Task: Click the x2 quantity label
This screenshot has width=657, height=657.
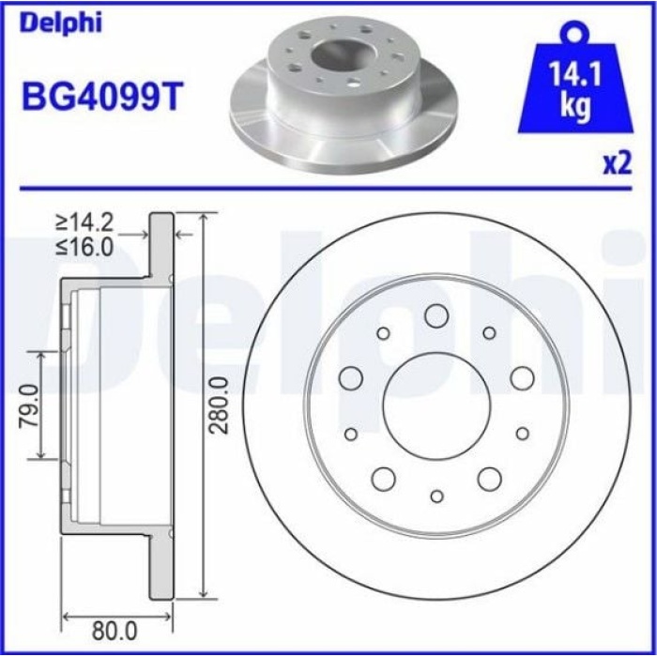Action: (616, 165)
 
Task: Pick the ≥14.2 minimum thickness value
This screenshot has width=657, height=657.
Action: (84, 223)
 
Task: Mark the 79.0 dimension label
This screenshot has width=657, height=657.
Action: (28, 405)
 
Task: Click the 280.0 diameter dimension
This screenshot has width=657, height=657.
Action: (219, 405)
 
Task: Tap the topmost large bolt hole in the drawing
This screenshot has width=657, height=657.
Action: (435, 315)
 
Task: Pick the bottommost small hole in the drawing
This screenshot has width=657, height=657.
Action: (436, 495)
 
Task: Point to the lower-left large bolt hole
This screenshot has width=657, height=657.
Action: (383, 479)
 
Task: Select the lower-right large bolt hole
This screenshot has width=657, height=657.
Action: (489, 479)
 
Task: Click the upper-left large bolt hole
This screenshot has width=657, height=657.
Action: (351, 378)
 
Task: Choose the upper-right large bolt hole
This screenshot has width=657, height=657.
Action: (522, 378)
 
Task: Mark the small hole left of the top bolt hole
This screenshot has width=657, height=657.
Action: (383, 333)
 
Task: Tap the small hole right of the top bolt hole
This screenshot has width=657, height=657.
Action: (489, 332)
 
